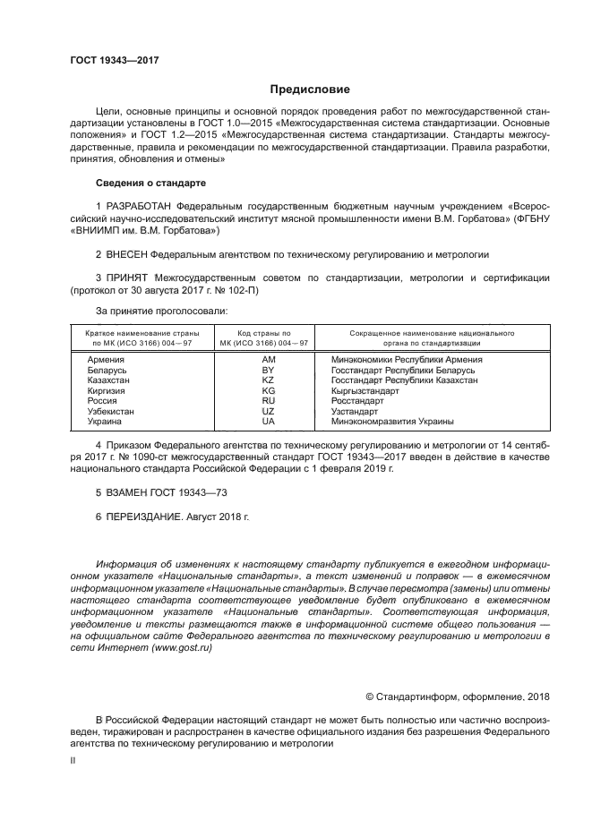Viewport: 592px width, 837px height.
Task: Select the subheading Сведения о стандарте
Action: pos(150,183)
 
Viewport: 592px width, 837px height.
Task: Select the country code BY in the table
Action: pos(267,370)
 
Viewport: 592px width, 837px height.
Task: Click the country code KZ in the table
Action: pos(267,380)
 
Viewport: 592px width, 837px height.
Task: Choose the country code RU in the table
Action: pos(267,401)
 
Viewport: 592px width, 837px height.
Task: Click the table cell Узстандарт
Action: pos(356,411)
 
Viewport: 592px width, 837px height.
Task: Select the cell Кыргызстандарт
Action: pos(365,391)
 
